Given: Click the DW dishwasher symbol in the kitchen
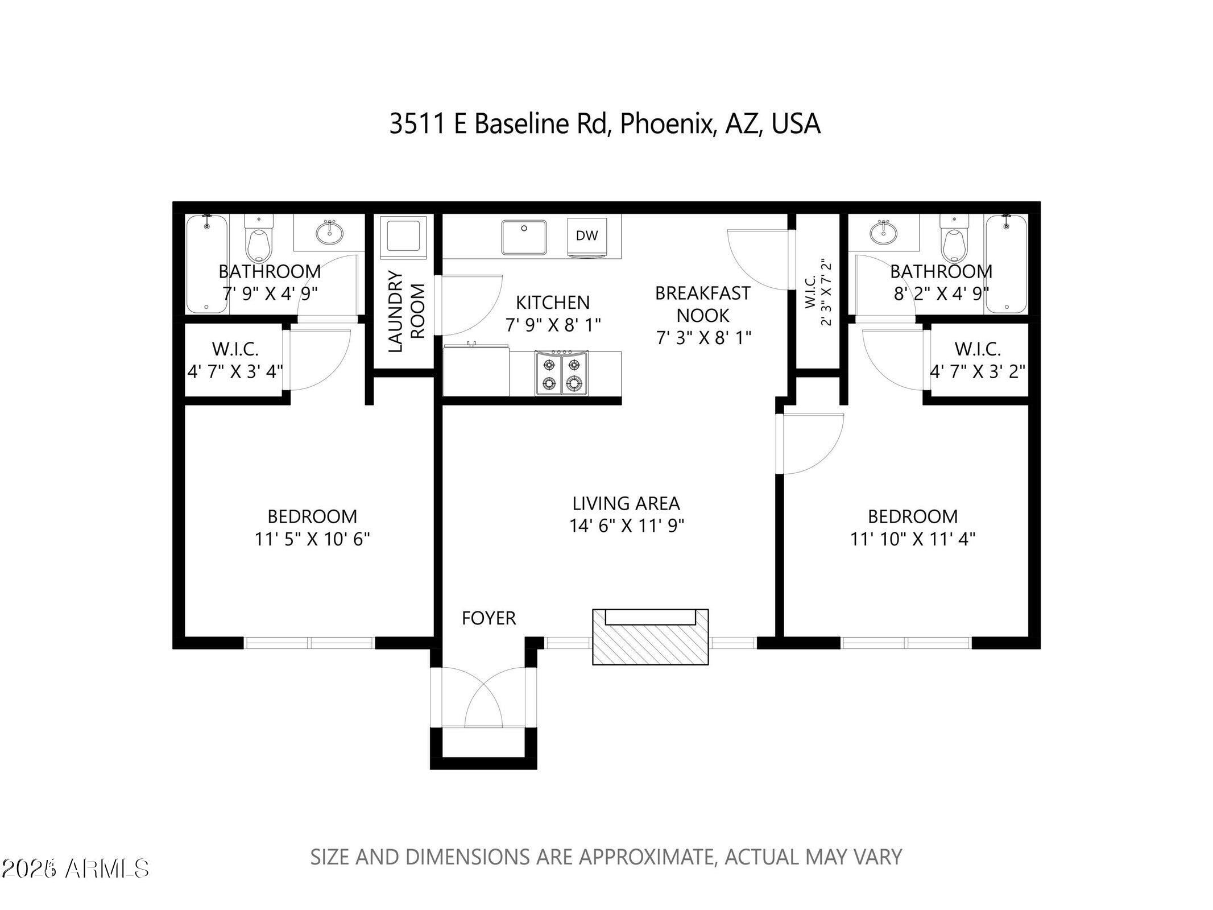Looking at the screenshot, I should point(586,235).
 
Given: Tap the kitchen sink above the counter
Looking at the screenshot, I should point(523,237).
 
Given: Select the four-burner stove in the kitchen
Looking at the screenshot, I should point(561,373).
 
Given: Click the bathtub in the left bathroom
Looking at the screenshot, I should point(206,263).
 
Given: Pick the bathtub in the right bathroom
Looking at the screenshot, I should point(1006,263).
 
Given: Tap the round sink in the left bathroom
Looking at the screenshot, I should point(329,232).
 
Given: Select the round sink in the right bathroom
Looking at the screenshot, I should point(883,232).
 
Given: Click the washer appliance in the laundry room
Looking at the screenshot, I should point(403,234).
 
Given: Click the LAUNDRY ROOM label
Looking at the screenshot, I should point(406,311).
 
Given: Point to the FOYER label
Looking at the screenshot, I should point(488,618).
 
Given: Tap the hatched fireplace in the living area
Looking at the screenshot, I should point(650,637).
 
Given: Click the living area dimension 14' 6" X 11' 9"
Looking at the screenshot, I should point(626,526).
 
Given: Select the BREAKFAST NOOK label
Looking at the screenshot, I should point(703,304).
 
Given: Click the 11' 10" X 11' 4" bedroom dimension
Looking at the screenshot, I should point(912,539).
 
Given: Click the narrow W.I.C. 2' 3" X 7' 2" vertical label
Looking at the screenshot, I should point(818,292).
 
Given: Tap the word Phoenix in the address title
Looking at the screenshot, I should point(666,124).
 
